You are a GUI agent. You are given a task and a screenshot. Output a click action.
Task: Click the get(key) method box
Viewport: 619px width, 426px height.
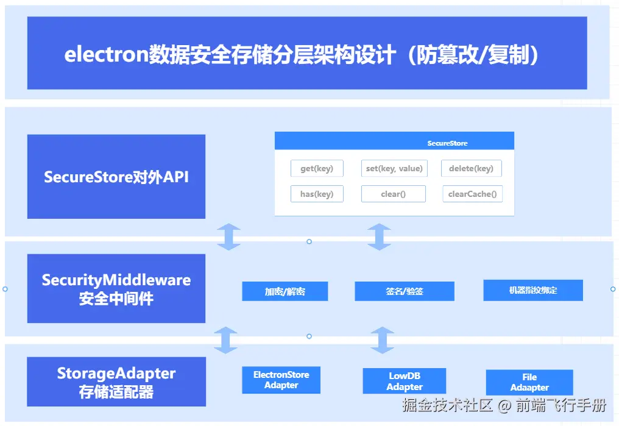(x=317, y=168)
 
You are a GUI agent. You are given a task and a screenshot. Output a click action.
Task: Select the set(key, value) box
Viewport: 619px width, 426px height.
(x=394, y=168)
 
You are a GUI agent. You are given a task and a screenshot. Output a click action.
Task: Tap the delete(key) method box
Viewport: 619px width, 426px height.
(x=471, y=168)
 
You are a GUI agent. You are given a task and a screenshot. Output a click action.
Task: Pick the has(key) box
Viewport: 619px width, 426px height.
(x=317, y=194)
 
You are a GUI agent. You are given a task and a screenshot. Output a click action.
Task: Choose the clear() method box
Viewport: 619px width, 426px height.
(x=393, y=194)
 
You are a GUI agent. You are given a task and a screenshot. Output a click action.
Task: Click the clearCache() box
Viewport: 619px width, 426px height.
(x=472, y=194)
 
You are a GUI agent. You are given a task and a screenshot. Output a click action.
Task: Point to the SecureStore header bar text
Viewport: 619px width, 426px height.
(x=447, y=143)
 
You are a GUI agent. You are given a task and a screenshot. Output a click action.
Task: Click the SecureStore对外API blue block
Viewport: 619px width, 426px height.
(x=116, y=177)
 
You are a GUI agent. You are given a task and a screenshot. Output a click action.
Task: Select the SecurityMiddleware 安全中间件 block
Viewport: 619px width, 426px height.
(x=116, y=289)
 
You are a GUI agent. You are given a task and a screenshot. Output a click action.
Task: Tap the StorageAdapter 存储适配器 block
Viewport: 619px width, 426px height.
(x=116, y=382)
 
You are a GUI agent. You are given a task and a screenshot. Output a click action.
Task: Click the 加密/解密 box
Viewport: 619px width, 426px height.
(x=285, y=291)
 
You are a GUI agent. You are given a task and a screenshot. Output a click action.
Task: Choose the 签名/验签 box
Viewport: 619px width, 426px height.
(x=404, y=291)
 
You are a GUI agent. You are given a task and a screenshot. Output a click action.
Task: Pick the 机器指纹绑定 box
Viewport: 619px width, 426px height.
(x=532, y=290)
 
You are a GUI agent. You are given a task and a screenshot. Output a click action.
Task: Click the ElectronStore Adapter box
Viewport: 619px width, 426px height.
(x=281, y=380)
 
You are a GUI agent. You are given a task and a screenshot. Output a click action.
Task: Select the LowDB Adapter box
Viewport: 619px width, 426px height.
(x=404, y=382)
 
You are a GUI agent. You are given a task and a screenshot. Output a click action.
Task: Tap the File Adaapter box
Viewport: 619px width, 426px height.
(x=529, y=382)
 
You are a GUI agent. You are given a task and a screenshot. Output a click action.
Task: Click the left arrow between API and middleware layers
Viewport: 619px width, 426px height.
(x=228, y=237)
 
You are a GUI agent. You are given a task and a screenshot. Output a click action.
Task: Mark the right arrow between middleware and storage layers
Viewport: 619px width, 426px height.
(x=382, y=340)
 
